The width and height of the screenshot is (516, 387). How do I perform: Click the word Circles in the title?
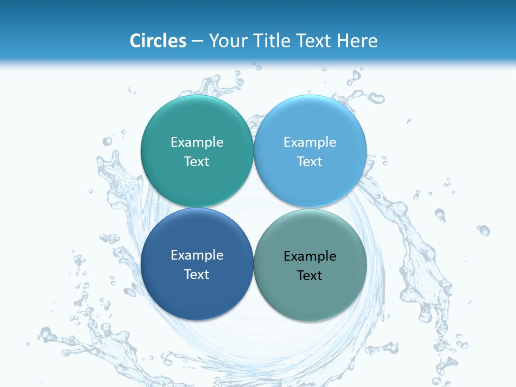coord(157,41)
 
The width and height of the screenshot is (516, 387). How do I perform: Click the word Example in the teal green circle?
coord(197,142)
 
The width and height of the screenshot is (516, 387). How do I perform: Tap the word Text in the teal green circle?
coord(197,161)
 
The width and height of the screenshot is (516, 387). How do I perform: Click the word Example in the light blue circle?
coord(310,142)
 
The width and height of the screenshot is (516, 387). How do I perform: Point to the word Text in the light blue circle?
coord(310,161)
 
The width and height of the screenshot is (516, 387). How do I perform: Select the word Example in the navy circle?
coord(197,255)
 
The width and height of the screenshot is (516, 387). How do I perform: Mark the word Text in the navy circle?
coord(197,274)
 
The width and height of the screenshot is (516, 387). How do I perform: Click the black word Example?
coord(310,256)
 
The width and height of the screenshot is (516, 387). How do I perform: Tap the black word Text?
coord(310,275)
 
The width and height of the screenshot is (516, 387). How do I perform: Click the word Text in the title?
coord(314,41)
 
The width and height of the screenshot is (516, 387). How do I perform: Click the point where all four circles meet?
coord(254,207)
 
